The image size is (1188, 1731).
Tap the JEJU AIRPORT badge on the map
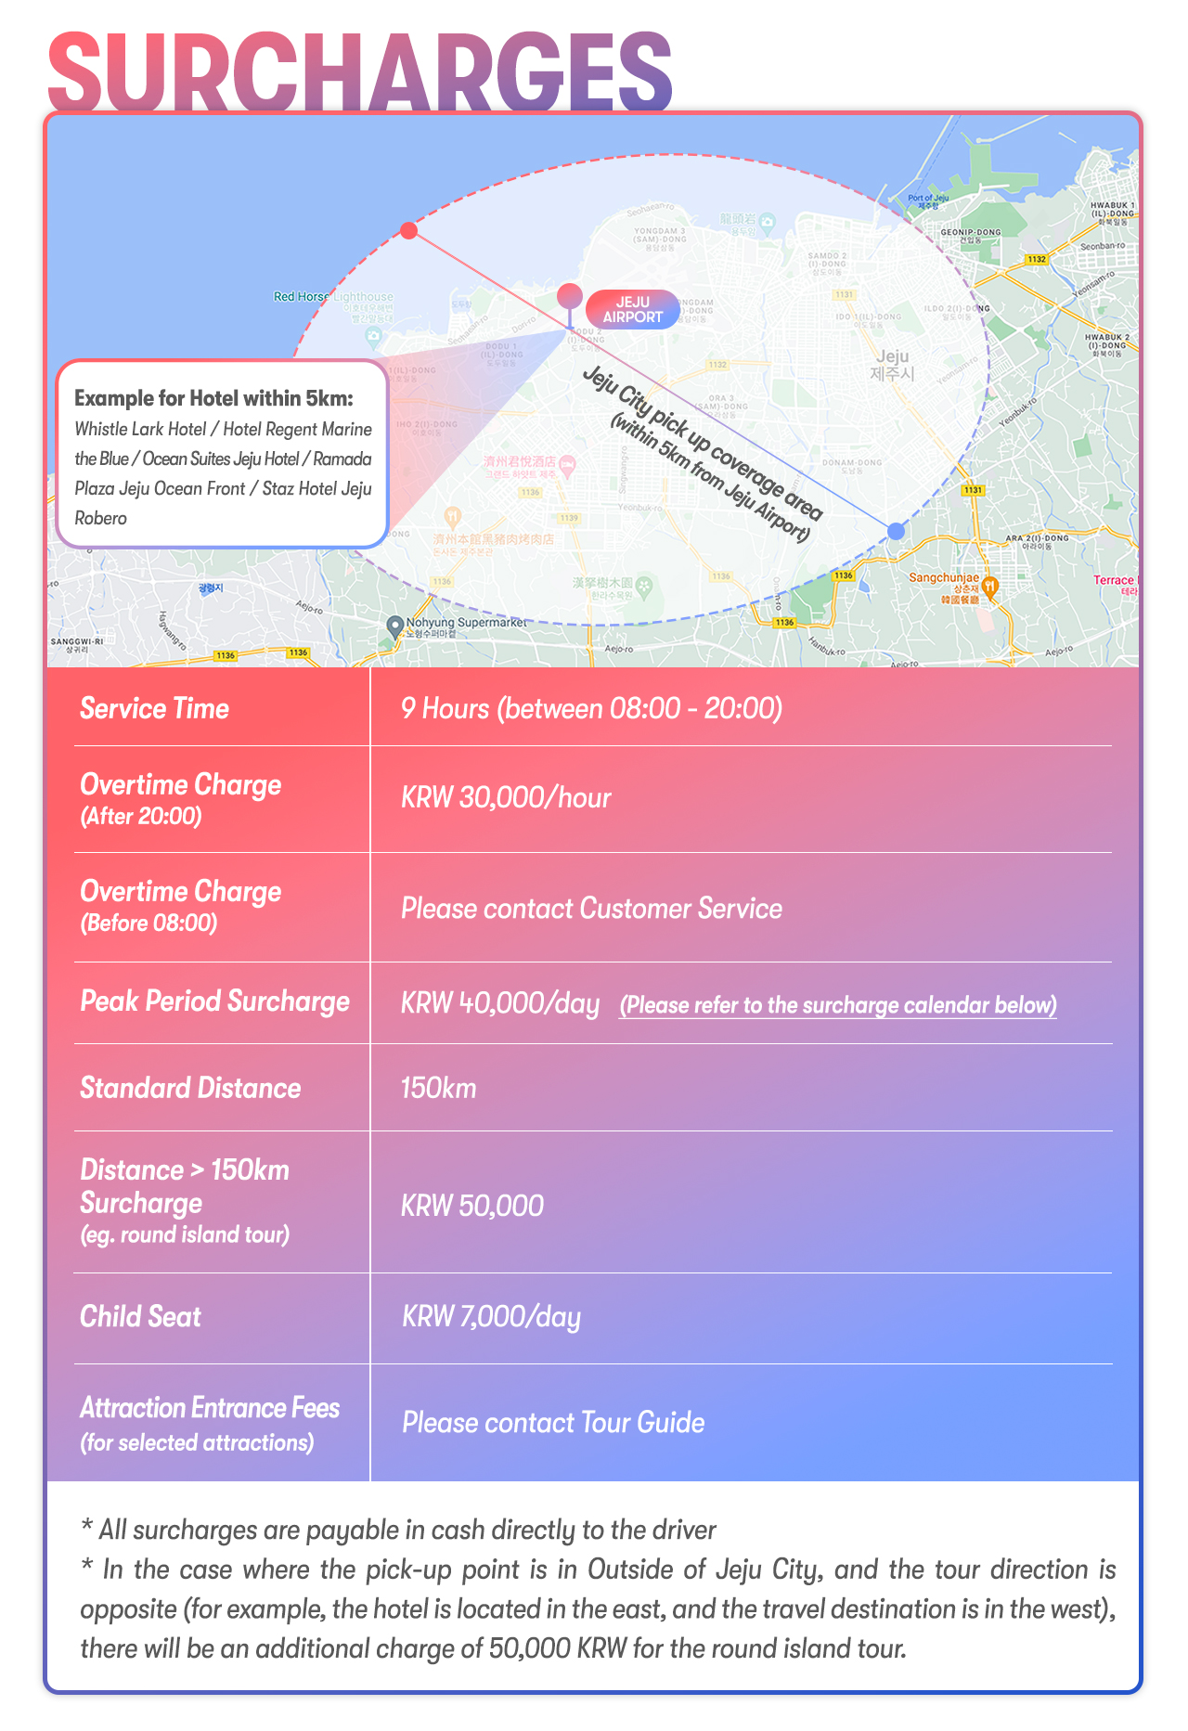[633, 309]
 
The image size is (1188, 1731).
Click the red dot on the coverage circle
[408, 230]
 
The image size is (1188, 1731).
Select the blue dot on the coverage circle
[895, 531]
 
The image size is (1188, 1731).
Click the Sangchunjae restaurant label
[944, 578]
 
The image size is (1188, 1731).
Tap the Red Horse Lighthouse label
[333, 297]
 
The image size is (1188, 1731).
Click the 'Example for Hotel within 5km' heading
[213, 398]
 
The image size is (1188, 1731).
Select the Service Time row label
[154, 709]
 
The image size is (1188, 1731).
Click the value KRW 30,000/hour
[506, 798]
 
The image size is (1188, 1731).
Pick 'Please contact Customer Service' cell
[591, 908]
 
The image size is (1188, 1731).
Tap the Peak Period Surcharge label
[214, 1001]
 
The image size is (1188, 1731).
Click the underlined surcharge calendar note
[837, 1005]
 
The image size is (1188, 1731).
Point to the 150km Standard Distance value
[438, 1088]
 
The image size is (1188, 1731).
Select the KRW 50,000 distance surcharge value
[471, 1206]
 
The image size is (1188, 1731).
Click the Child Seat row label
[140, 1317]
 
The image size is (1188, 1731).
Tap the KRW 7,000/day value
[491, 1317]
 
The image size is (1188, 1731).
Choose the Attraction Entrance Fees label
[210, 1409]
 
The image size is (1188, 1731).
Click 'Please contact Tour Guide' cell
[553, 1423]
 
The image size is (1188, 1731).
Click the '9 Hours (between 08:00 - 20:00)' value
[591, 709]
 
